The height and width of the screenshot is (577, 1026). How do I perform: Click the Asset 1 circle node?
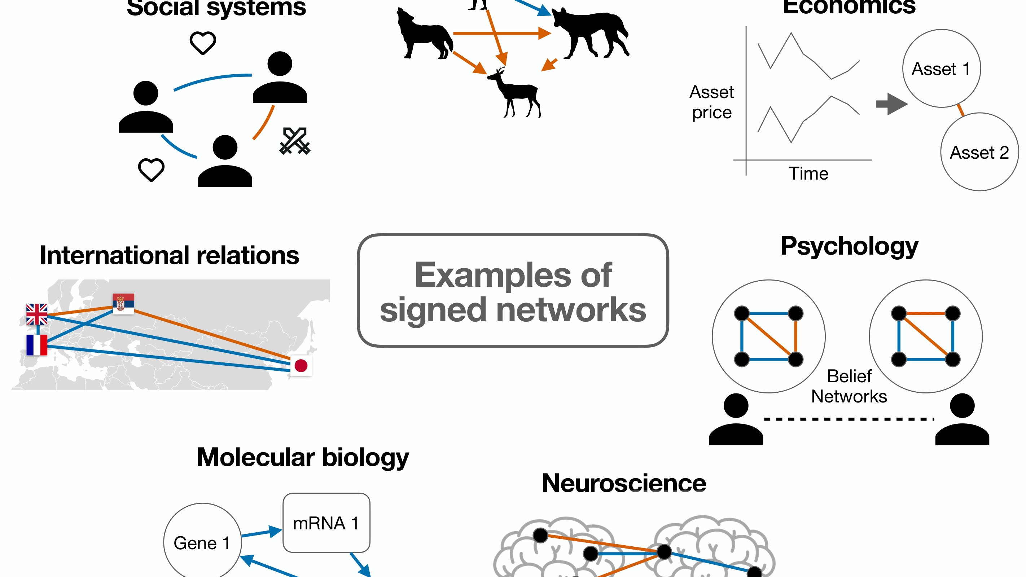pyautogui.click(x=941, y=69)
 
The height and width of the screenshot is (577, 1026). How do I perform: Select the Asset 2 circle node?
pyautogui.click(x=979, y=152)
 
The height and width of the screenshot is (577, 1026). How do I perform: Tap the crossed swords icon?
pyautogui.click(x=295, y=141)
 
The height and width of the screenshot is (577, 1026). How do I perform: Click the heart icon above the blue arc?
pyautogui.click(x=203, y=43)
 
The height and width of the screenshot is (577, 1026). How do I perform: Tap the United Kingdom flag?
pyautogui.click(x=37, y=314)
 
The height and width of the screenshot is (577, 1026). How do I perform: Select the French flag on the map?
pyautogui.click(x=37, y=344)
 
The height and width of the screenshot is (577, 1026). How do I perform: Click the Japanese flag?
pyautogui.click(x=301, y=365)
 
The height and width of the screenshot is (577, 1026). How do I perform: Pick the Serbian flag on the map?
pyautogui.click(x=123, y=304)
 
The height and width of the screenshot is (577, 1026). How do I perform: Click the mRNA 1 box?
pyautogui.click(x=326, y=523)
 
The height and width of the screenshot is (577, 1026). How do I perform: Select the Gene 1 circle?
pyautogui.click(x=202, y=542)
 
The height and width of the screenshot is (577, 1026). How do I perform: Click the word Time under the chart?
pyautogui.click(x=808, y=173)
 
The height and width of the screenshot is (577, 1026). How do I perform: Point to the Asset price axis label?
pyautogui.click(x=711, y=102)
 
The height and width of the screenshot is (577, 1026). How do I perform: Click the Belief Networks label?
pyautogui.click(x=849, y=386)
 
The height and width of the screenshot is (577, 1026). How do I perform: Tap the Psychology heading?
pyautogui.click(x=849, y=246)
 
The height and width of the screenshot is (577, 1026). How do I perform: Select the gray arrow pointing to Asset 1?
pyautogui.click(x=891, y=104)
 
